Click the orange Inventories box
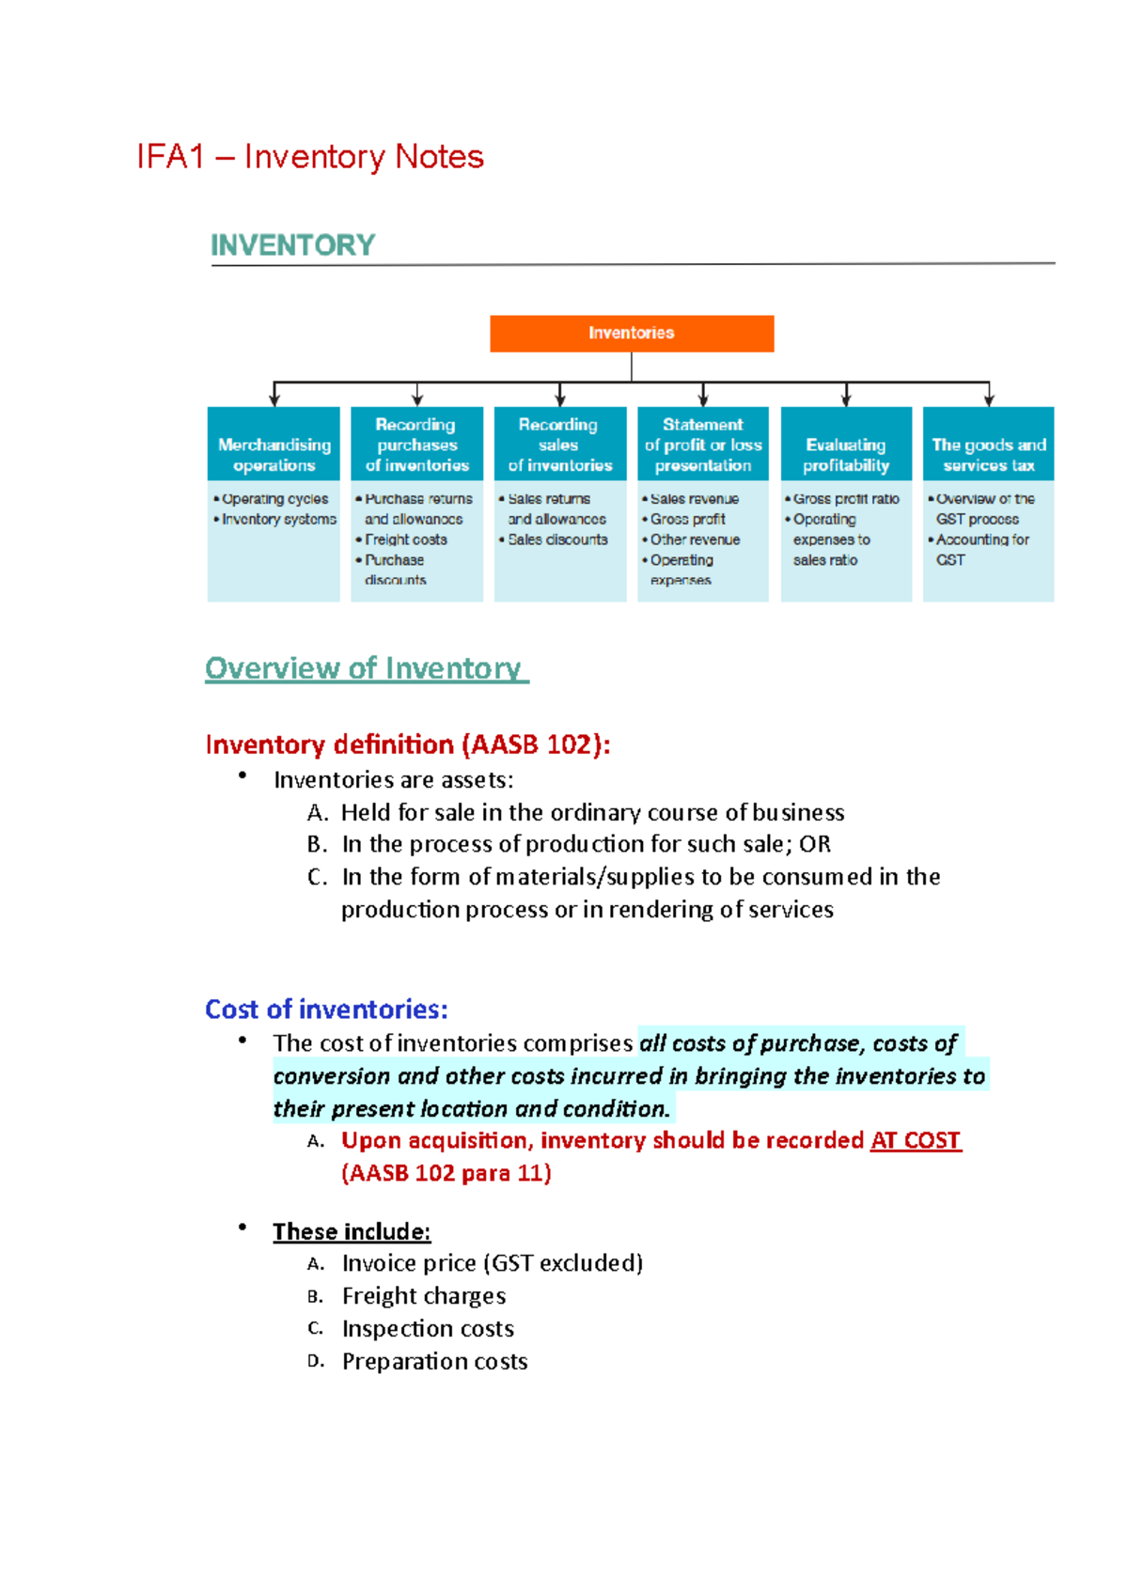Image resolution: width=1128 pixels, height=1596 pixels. click(632, 334)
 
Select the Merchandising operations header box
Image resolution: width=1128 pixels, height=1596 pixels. click(274, 445)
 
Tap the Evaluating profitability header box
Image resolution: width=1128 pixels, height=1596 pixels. click(846, 445)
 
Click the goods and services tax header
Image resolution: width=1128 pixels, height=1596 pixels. click(988, 445)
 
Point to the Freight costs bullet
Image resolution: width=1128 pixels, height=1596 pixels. click(405, 540)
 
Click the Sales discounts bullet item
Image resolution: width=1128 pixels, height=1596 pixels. click(557, 540)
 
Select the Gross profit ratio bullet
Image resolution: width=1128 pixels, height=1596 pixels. click(846, 499)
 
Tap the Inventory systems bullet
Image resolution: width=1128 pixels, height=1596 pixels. click(278, 519)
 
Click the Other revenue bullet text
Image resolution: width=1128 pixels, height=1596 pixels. click(695, 540)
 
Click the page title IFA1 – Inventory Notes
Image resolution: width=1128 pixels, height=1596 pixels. click(310, 157)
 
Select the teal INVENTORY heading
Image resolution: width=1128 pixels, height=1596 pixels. click(292, 245)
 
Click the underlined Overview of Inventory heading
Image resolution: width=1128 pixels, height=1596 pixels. click(366, 668)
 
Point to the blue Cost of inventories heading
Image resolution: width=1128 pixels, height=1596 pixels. click(326, 1009)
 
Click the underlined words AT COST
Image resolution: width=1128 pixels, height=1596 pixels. click(916, 1140)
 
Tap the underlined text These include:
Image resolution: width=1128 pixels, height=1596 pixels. click(352, 1231)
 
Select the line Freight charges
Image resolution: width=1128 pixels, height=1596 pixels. click(423, 1296)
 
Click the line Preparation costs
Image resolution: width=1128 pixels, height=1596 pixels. click(434, 1361)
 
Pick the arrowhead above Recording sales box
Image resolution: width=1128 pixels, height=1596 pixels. click(560, 399)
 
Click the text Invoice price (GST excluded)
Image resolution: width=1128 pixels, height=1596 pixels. click(492, 1263)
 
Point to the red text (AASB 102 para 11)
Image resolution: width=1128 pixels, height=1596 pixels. click(446, 1173)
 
